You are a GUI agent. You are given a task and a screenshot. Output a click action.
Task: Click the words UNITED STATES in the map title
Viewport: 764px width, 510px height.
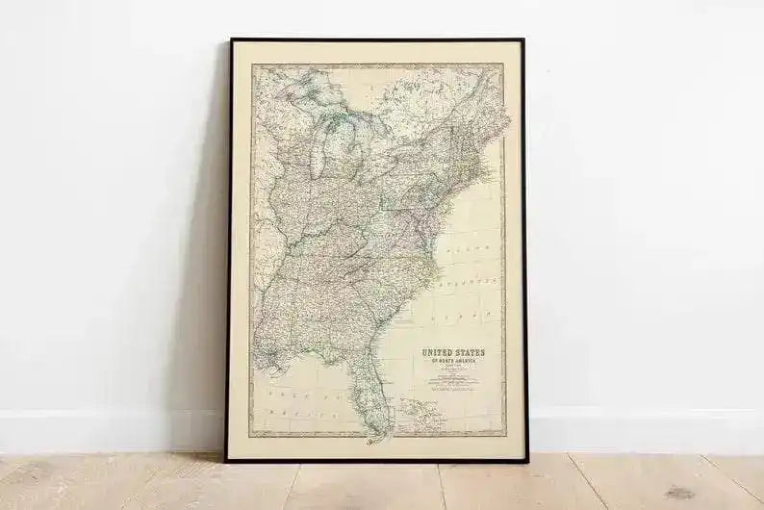click(x=452, y=353)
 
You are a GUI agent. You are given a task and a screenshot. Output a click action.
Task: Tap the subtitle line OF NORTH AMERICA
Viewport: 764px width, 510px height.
click(x=452, y=363)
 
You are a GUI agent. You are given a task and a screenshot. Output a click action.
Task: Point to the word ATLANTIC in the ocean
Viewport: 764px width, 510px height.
click(x=469, y=286)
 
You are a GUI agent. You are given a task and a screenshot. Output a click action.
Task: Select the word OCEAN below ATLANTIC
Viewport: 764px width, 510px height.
click(x=469, y=315)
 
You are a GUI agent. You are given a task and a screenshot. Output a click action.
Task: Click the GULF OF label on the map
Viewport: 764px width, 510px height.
click(x=290, y=395)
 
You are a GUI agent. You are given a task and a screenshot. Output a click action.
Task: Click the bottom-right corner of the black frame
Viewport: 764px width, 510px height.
click(x=525, y=459)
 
